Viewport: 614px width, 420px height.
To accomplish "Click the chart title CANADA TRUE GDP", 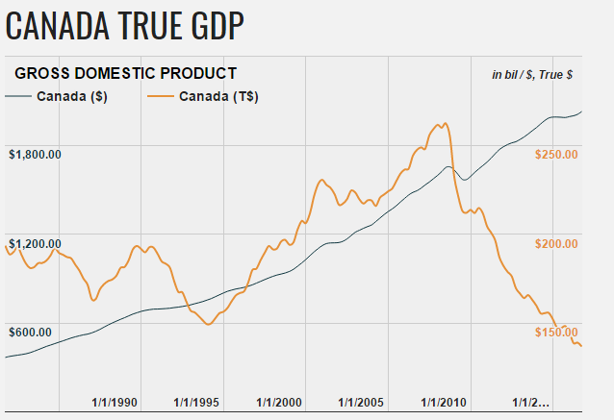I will [124, 25].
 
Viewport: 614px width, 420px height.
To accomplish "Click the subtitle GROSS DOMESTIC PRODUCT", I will [125, 73].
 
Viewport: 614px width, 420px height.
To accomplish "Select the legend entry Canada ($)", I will [71, 96].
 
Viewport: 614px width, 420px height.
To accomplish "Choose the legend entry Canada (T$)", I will [218, 96].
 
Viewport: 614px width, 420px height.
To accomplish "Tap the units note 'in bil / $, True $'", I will [532, 74].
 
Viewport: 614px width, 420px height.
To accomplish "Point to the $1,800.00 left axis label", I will [36, 154].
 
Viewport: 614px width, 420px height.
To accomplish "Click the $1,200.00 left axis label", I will [36, 243].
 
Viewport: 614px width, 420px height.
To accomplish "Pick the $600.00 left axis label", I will [32, 332].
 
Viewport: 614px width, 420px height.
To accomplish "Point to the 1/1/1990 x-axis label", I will [115, 402].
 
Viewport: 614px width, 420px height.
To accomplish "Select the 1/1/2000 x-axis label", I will [280, 402].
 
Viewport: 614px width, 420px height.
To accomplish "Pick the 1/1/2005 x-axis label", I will [363, 402].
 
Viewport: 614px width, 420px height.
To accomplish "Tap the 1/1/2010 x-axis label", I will [446, 402].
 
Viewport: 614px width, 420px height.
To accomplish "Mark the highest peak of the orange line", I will [444, 123].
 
